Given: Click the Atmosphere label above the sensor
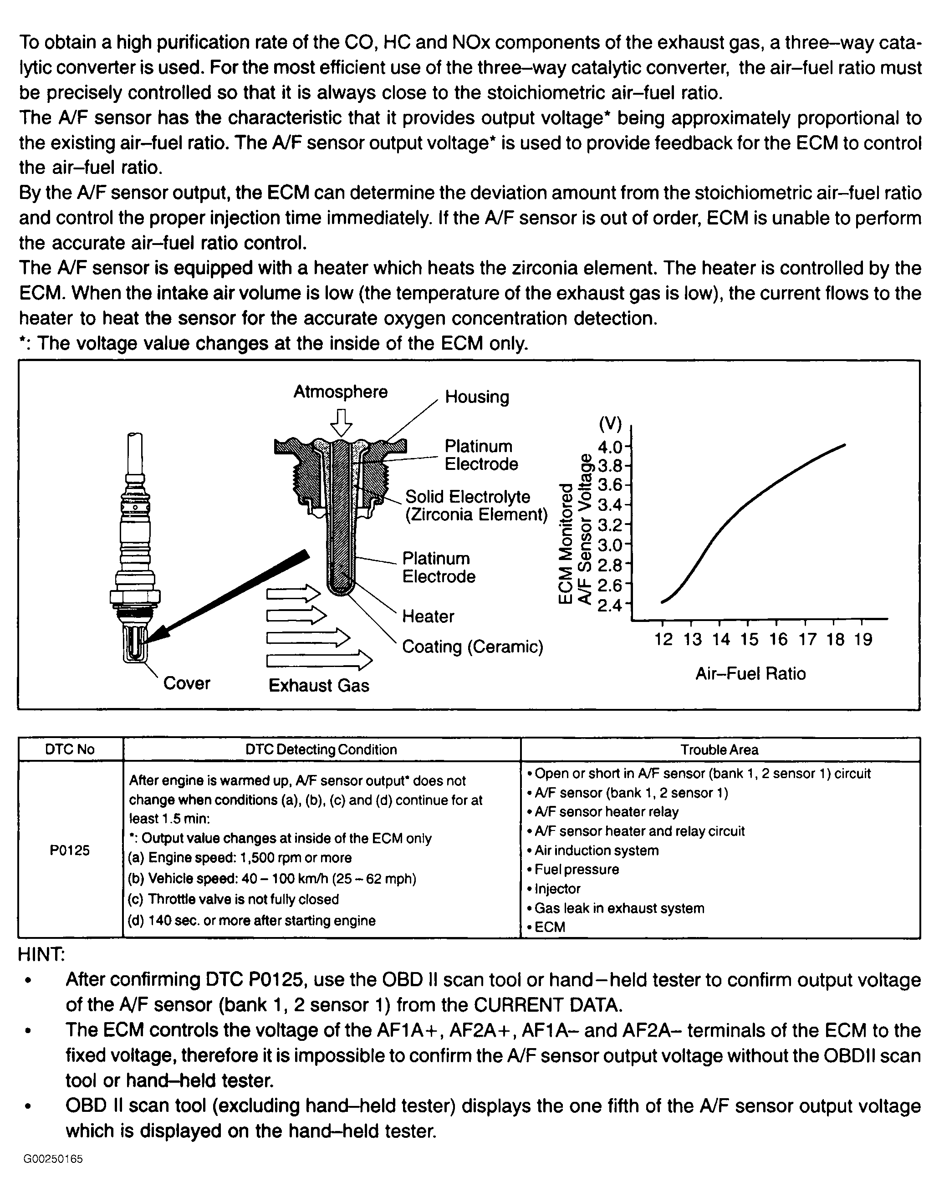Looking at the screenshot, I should (340, 392).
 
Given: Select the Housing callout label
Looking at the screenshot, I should (477, 397).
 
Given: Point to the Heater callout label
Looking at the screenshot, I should (428, 616).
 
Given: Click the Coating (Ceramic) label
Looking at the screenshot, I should (472, 647).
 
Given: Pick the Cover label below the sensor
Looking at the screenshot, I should (186, 683).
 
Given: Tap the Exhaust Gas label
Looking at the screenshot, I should (319, 685).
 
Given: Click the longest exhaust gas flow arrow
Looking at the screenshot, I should (319, 660).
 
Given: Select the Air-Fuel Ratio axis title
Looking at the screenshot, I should (750, 674).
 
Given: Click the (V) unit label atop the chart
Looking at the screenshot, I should (610, 423).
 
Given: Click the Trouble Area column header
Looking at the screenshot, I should (719, 749).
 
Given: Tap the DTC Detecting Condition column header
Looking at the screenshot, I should (321, 749).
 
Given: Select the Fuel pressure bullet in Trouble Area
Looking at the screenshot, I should (576, 870).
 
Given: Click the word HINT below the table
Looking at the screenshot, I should (42, 955).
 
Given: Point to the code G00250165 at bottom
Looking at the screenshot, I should (53, 1175).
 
